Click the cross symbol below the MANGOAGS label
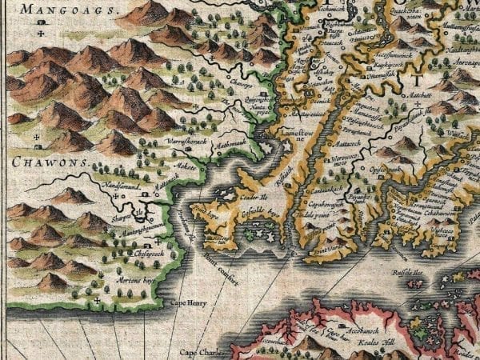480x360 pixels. pyautogui.click(x=39, y=34)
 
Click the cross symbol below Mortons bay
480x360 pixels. pyautogui.click(x=97, y=301)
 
